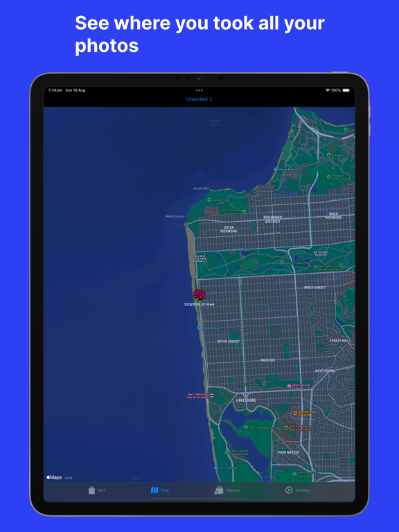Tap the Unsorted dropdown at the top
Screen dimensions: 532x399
[199, 99]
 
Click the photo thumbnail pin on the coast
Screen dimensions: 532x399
[199, 295]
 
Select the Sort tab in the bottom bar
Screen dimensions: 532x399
[96, 490]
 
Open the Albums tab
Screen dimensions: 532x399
[227, 490]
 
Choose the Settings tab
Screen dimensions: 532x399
[298, 490]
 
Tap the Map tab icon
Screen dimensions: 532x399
[155, 490]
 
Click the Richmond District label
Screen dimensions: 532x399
[272, 219]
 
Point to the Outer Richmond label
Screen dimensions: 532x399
[229, 229]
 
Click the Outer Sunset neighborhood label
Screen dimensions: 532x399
[229, 342]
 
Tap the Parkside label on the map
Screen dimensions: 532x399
[267, 360]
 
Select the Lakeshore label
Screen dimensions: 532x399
[246, 400]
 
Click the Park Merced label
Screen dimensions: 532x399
[289, 452]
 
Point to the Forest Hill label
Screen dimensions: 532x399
[339, 341]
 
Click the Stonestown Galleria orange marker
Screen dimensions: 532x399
[295, 413]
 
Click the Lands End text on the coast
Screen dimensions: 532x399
[201, 188]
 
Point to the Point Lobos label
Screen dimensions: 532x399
[175, 217]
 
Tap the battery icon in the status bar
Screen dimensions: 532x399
[346, 90]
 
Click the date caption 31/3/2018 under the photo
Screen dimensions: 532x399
[199, 304]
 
